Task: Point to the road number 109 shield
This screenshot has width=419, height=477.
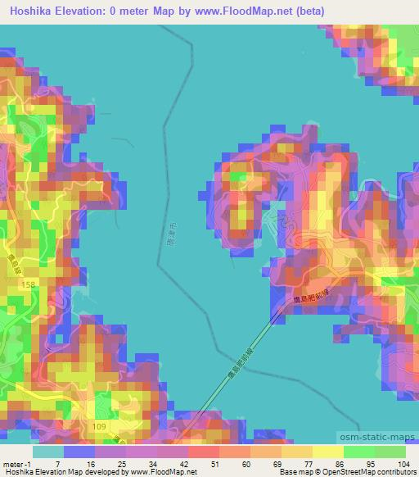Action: coord(98,427)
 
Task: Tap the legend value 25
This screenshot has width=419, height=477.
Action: coord(119,465)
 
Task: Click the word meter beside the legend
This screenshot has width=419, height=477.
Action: coord(12,465)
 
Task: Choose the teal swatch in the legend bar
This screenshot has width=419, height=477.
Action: coord(47,452)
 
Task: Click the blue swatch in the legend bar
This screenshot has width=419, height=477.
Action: coord(79,452)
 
